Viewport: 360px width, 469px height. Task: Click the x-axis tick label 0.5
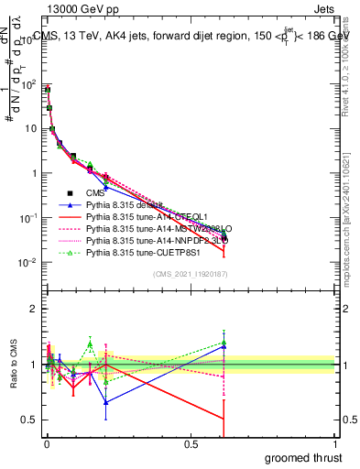click(191, 442)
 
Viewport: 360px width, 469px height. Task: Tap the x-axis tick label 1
click(336, 442)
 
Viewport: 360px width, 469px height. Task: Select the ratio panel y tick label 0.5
click(29, 420)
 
